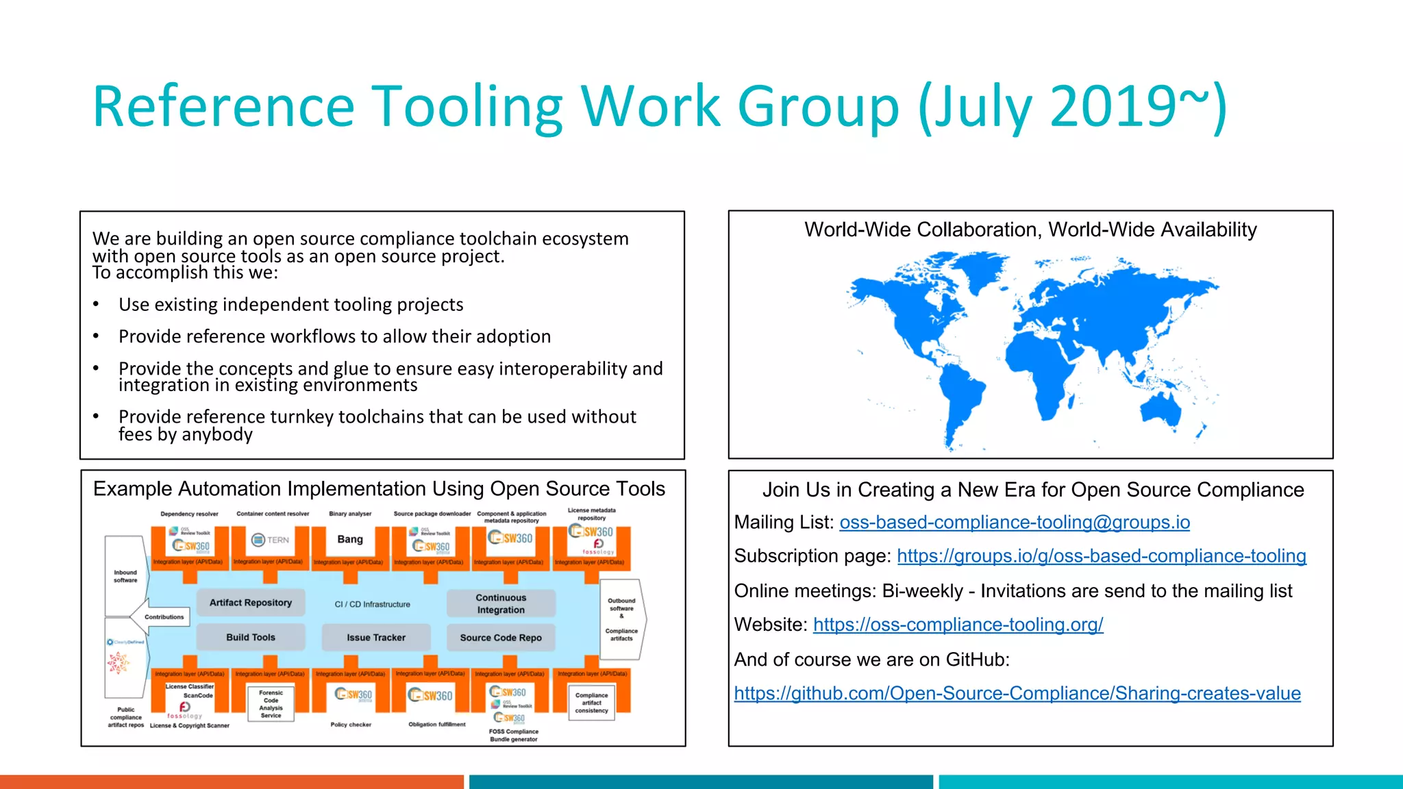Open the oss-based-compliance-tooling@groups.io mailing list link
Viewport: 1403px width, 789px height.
1014,523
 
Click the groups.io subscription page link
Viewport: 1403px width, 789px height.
1101,556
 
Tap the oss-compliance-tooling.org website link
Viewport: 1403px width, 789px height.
958,625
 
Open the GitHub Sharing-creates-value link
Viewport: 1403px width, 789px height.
1017,694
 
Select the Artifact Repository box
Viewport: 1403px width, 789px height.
250,603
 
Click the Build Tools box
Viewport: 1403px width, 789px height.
250,638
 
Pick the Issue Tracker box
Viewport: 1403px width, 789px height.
375,638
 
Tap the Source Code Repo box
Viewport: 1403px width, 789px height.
500,638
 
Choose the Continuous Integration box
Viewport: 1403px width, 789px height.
500,603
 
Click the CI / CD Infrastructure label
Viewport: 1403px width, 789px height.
372,604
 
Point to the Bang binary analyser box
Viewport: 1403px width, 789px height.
350,540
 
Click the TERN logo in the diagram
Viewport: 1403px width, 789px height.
271,540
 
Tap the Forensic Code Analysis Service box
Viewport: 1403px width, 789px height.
271,704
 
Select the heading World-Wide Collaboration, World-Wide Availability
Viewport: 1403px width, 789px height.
1030,230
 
